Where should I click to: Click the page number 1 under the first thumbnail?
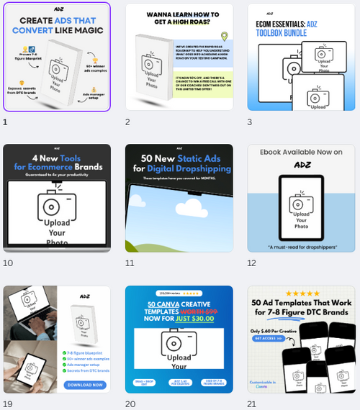click(6, 122)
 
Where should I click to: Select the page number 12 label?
click(251, 263)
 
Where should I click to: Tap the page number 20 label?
click(130, 404)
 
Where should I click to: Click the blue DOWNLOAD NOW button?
click(86, 385)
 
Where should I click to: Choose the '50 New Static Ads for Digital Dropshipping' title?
click(179, 163)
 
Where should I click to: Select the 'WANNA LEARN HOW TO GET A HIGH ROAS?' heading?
click(179, 19)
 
